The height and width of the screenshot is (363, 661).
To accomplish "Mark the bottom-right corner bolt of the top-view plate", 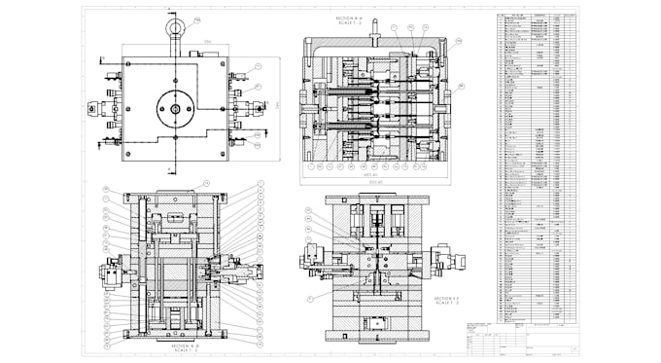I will (x=226, y=154).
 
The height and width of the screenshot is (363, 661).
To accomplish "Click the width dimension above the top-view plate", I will (x=176, y=42).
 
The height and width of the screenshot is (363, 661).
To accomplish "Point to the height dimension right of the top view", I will (x=275, y=105).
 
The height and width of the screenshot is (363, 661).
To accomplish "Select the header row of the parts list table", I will (x=531, y=17).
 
